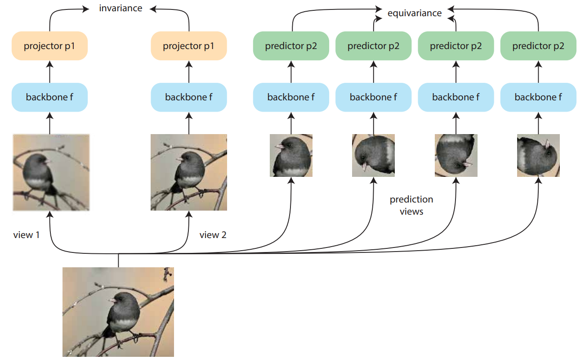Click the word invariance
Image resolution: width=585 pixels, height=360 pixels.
(121, 8)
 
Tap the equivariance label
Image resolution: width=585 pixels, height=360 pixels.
(414, 13)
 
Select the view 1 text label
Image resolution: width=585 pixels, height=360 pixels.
(27, 234)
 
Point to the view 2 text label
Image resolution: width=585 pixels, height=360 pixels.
(213, 234)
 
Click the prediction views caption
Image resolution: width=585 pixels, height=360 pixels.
(411, 205)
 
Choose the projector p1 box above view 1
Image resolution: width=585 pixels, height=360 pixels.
(49, 46)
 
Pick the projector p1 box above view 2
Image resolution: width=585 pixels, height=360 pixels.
(188, 46)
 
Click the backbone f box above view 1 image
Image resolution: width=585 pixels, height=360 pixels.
(49, 97)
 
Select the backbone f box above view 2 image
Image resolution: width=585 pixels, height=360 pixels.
(188, 97)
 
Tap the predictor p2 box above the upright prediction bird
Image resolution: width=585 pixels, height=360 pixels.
(291, 46)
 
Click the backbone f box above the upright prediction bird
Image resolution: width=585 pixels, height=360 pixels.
(291, 97)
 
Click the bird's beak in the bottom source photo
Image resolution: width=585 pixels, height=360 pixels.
(112, 300)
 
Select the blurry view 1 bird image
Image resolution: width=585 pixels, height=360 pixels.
(51, 172)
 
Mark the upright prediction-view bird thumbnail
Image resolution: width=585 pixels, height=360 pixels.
(291, 155)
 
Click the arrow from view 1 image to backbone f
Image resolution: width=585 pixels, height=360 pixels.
(49, 123)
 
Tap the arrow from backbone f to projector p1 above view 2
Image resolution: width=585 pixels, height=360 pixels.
(188, 71)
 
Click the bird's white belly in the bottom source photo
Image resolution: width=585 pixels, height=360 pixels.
(123, 324)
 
